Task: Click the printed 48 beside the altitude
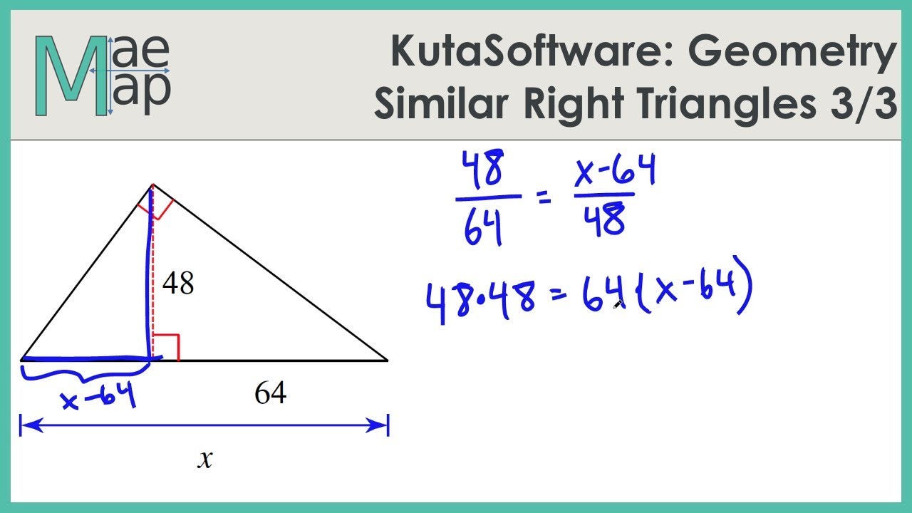(178, 284)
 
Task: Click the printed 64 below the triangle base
(271, 393)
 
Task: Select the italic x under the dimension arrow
(205, 460)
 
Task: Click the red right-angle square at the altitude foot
(166, 347)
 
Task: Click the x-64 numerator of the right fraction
(614, 172)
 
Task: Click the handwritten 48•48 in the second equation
(481, 299)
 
